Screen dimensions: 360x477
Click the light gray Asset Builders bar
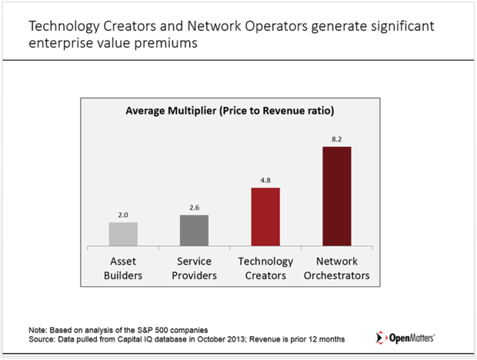point(124,234)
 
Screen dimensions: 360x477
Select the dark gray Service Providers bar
point(195,230)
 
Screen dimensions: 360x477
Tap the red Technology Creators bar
point(265,216)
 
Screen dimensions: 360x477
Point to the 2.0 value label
point(124,216)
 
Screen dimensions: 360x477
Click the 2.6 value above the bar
point(195,208)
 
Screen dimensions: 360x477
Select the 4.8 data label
point(265,181)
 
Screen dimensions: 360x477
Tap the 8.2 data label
point(336,139)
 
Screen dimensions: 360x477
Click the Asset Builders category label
point(124,268)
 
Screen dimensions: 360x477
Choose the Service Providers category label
point(195,268)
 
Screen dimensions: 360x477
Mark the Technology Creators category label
point(265,268)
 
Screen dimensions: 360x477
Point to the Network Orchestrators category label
point(336,268)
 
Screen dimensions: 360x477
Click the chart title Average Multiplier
point(229,111)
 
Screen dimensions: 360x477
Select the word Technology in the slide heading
point(63,26)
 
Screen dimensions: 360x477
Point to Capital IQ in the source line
point(135,339)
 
